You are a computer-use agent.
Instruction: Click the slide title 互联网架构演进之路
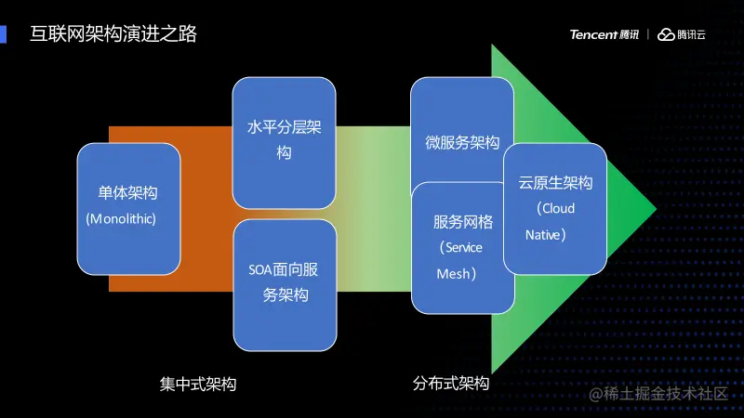(x=113, y=35)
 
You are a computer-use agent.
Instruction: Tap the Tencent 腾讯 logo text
(x=604, y=35)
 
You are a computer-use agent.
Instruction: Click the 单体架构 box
(x=128, y=208)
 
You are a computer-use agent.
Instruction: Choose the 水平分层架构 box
(x=284, y=142)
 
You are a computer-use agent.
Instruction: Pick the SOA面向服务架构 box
(x=284, y=282)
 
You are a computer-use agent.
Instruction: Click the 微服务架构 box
(x=462, y=130)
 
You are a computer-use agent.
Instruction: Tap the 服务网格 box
(x=462, y=247)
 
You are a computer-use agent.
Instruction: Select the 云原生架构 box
(x=555, y=207)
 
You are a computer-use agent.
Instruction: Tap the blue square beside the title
(x=4, y=34)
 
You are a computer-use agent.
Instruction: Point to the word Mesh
(x=454, y=275)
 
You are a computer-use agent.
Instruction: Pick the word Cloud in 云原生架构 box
(x=558, y=209)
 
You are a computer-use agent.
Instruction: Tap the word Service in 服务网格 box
(x=464, y=248)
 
